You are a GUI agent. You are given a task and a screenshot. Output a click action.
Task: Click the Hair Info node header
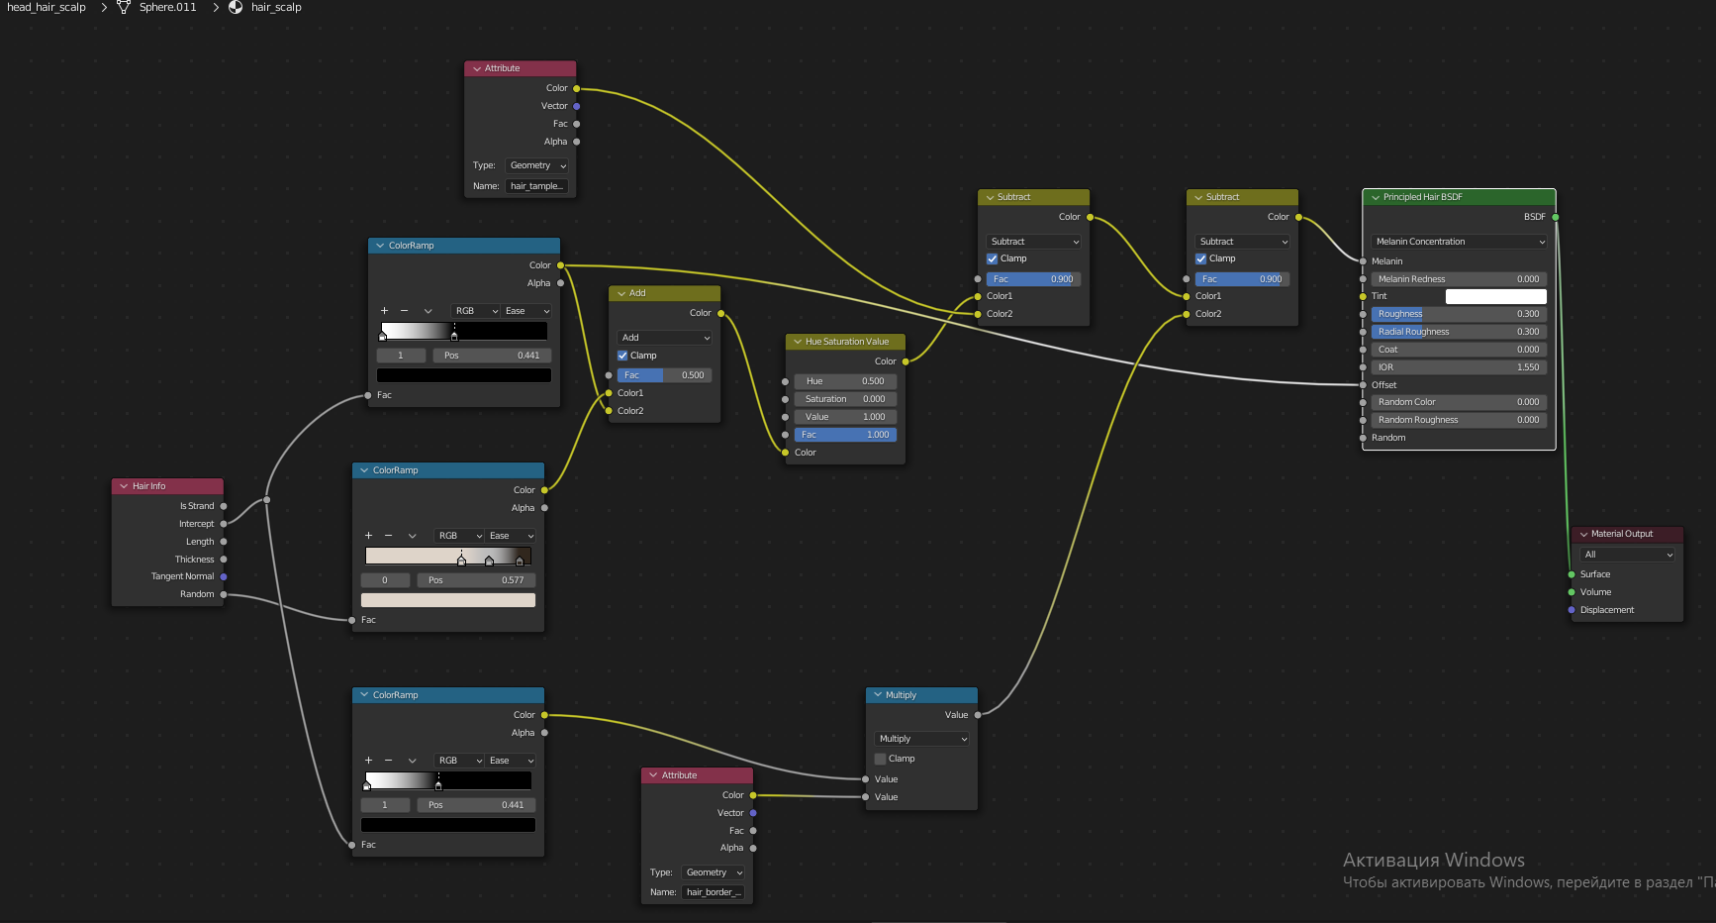coord(167,486)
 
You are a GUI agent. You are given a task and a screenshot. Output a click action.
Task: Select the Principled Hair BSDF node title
coord(1422,197)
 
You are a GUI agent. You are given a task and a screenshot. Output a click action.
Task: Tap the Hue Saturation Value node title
coord(846,342)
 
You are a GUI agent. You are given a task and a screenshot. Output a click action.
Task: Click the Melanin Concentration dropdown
coord(1459,242)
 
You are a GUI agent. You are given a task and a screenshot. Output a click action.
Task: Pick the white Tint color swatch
coord(1495,296)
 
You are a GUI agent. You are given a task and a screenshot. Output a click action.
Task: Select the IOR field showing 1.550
coord(1459,367)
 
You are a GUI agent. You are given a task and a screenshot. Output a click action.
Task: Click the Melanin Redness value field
coord(1459,279)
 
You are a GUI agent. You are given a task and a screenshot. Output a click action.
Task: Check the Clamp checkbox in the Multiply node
coord(880,759)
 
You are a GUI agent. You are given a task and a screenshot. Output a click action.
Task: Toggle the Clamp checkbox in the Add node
coord(622,356)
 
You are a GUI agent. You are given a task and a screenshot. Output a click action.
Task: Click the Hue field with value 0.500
coord(844,381)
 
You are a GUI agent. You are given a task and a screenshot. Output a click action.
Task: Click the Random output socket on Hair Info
coord(224,594)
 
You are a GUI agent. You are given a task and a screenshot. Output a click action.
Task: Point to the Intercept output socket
coord(224,524)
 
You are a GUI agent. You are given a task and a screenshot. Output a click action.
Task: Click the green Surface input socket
coord(1572,574)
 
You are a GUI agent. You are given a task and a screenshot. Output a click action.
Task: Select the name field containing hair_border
coord(713,892)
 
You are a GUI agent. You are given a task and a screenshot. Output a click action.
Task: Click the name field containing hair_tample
coord(537,186)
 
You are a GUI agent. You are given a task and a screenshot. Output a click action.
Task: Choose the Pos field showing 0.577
coord(476,580)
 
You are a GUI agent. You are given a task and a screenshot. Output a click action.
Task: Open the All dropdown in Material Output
coord(1627,555)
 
